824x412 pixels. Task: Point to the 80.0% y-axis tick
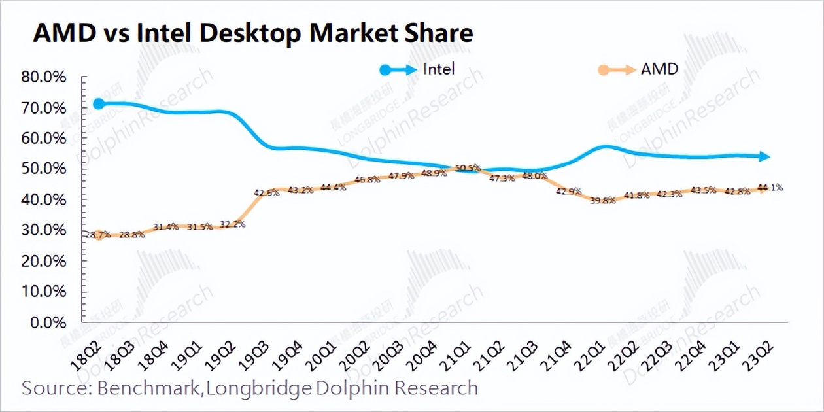[44, 77]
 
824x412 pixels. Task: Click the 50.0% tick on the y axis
[44, 169]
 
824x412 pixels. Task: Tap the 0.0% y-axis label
[48, 322]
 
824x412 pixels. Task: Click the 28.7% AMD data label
[97, 235]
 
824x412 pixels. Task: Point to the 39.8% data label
[603, 201]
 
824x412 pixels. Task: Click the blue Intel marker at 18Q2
[99, 103]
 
